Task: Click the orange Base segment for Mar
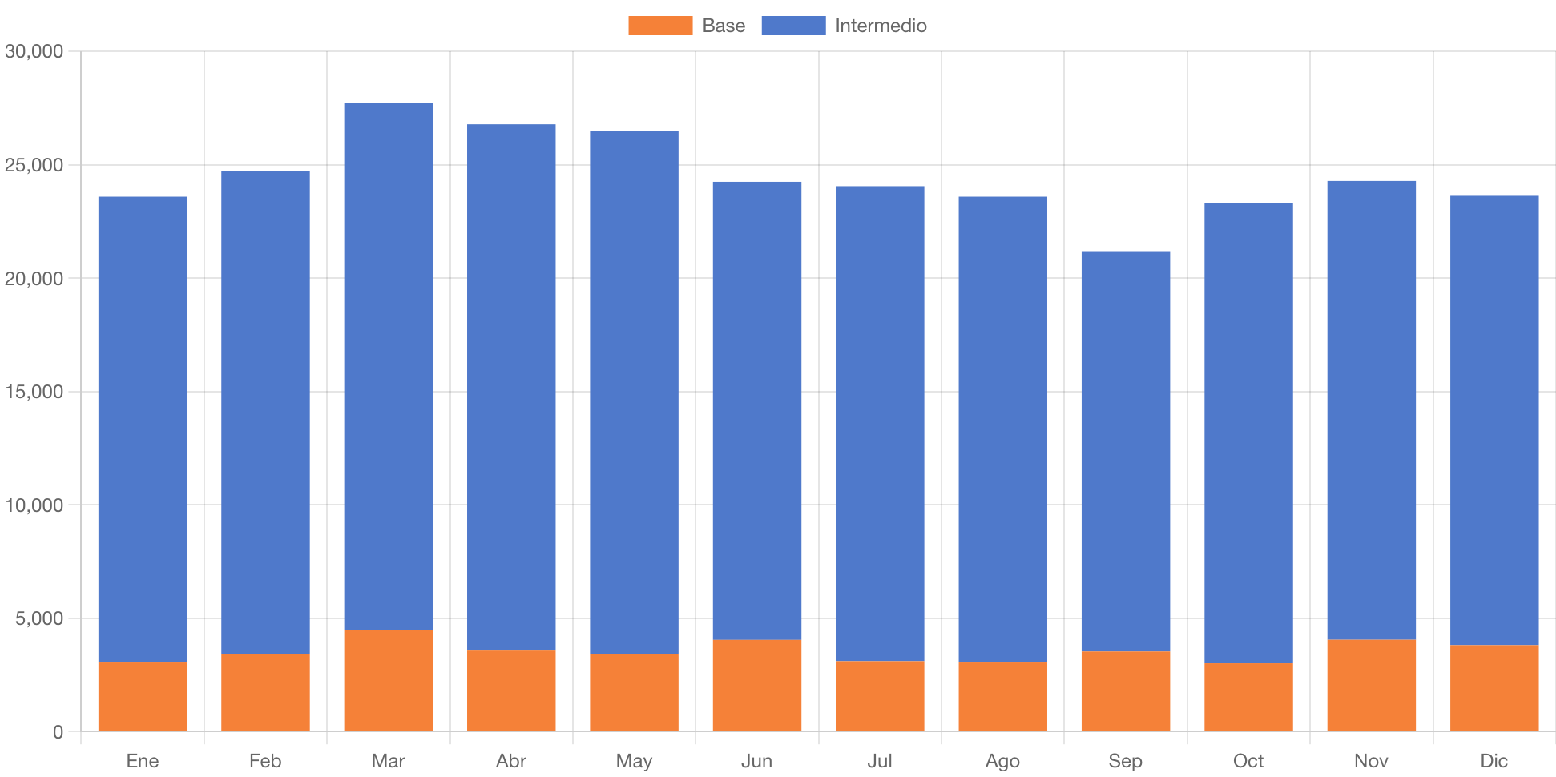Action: pos(389,680)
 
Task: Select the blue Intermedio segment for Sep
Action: pos(1125,451)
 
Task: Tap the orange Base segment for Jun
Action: pos(757,685)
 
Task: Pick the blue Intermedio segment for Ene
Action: pos(143,429)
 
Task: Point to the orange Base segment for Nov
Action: pos(1371,685)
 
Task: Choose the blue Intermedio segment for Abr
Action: pos(511,387)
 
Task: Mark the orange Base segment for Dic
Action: pos(1494,687)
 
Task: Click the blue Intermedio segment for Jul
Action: pos(880,423)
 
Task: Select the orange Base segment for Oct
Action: pos(1248,696)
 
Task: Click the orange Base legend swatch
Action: pos(660,26)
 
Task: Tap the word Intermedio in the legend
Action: pos(881,26)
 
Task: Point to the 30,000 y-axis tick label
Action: pos(34,51)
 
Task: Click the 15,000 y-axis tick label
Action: pos(34,392)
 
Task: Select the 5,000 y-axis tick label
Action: pos(38,618)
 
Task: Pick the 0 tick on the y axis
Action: pos(58,731)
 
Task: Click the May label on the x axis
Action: pos(634,760)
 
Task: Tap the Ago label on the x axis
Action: pos(1002,760)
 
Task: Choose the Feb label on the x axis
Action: pos(265,760)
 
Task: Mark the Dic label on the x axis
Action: pos(1494,760)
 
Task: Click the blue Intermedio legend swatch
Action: pos(793,26)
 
